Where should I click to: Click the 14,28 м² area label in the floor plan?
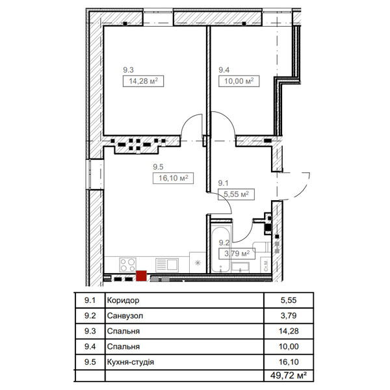point(143,81)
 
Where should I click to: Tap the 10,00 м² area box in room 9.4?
point(239,81)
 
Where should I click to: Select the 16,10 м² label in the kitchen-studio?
point(173,178)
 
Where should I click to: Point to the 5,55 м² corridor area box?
point(236,194)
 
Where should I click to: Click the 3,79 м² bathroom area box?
point(237,253)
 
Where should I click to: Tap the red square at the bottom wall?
point(141,276)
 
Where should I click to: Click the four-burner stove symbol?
point(127,265)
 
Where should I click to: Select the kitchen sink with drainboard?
point(167,265)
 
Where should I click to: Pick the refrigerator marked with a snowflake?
point(198,263)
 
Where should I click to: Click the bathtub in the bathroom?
point(220,250)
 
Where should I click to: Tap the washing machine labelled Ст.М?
point(266,265)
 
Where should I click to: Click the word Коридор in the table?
point(123,300)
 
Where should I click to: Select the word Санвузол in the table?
point(125,316)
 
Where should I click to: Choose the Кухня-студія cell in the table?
point(131,362)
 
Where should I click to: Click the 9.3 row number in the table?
point(90,331)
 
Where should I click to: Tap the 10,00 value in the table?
point(289,346)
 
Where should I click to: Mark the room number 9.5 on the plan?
point(158,167)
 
